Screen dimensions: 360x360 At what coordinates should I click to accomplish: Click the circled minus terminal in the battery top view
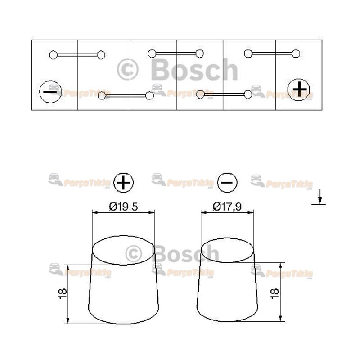tap(50, 92)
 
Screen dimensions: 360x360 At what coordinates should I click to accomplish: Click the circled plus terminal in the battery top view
tap(298, 90)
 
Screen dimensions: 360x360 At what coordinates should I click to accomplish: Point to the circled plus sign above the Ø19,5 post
tap(124, 183)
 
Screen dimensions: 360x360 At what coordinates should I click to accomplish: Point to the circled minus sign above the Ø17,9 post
tap(227, 183)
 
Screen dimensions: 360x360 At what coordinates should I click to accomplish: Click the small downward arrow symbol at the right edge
tap(319, 197)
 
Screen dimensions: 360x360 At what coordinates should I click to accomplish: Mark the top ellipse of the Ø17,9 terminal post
tap(227, 250)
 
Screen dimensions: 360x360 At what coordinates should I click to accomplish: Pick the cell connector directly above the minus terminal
tap(77, 55)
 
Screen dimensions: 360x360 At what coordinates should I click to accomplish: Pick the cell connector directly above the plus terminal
tap(272, 54)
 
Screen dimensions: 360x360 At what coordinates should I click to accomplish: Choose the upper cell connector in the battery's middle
tap(175, 54)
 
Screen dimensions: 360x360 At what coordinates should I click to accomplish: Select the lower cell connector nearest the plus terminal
tap(224, 94)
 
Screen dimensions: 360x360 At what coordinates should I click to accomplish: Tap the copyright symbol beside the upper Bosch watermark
tap(128, 70)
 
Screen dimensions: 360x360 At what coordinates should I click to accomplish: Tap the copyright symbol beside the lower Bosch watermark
tap(134, 254)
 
